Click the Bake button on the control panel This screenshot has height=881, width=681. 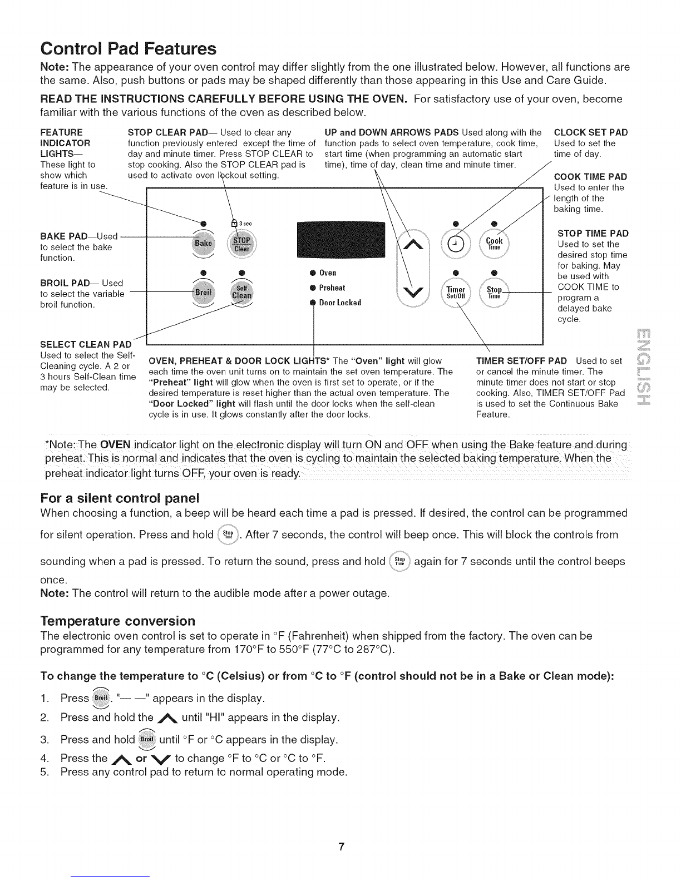pyautogui.click(x=203, y=244)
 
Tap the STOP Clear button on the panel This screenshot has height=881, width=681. pyautogui.click(x=242, y=244)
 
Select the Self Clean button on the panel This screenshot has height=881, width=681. pyautogui.click(x=242, y=292)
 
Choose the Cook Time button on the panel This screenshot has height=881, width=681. pyautogui.click(x=494, y=244)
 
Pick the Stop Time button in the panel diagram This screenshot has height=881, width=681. pyautogui.click(x=494, y=292)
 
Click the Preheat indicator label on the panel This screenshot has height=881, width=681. pyautogui.click(x=332, y=288)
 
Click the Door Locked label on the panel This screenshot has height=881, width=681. pyautogui.click(x=340, y=303)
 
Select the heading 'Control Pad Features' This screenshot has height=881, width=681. pyautogui.click(x=128, y=49)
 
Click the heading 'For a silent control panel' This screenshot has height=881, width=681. pyautogui.click(x=120, y=497)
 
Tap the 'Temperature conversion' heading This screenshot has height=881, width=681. pyautogui.click(x=118, y=620)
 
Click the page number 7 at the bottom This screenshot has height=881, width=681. pyautogui.click(x=342, y=847)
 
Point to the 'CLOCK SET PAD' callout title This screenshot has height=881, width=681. pyautogui.click(x=591, y=132)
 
